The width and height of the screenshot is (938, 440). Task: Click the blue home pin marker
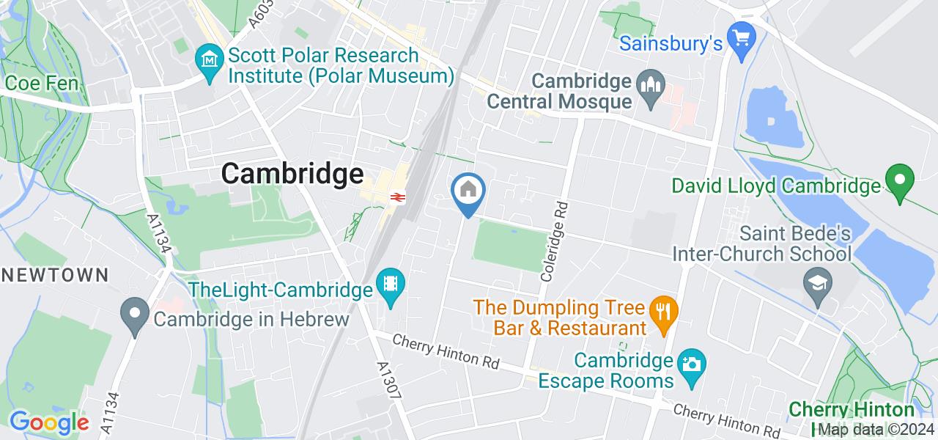point(468,191)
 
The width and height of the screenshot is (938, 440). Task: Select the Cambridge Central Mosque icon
point(649,81)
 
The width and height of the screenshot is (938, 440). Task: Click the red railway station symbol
point(396,197)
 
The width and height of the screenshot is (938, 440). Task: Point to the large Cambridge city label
point(292,174)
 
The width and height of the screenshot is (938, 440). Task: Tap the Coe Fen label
point(41,83)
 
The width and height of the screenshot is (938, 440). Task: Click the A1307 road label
point(389,380)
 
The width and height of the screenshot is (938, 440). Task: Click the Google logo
point(48,422)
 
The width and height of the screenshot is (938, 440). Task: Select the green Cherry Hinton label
point(851,409)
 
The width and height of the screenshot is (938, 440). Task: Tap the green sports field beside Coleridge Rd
point(512,246)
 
